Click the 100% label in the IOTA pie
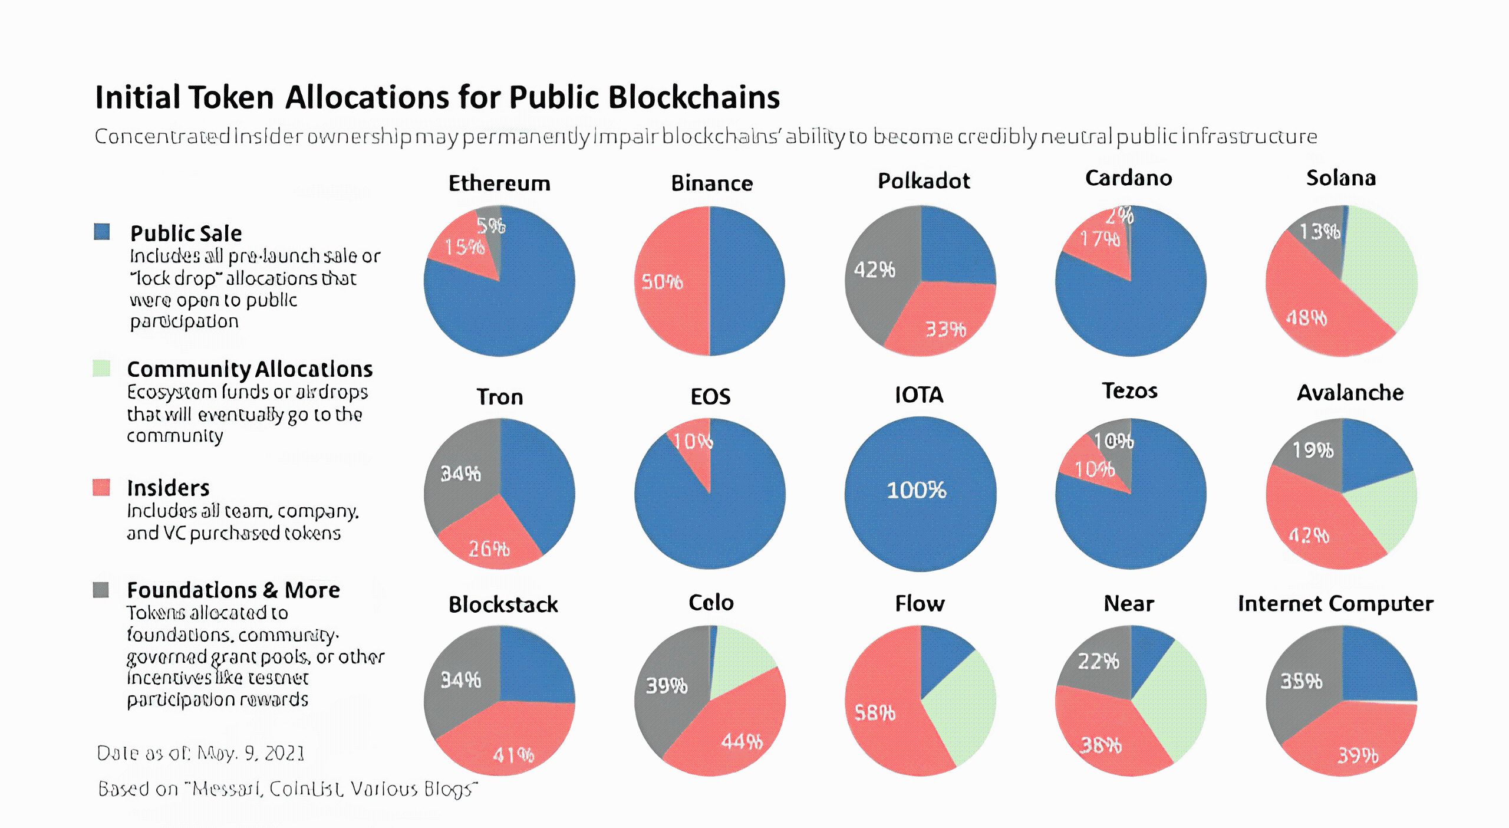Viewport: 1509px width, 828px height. [917, 491]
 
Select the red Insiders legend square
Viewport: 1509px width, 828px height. [101, 488]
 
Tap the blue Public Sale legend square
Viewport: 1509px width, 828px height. [102, 232]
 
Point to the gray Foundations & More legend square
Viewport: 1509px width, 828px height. [101, 590]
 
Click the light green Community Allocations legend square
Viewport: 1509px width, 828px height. [101, 369]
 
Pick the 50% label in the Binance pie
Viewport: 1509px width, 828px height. [662, 282]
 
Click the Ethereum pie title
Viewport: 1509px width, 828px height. [499, 183]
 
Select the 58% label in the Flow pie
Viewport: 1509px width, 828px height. [875, 714]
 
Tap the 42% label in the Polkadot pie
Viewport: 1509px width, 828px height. [875, 270]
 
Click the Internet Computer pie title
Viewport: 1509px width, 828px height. [1335, 604]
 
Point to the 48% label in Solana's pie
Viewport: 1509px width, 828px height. [1307, 318]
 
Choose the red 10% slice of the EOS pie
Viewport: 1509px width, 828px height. [696, 448]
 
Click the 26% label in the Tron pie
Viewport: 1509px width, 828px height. [489, 550]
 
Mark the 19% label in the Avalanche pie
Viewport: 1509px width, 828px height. [1313, 451]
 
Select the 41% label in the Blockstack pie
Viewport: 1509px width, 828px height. [513, 755]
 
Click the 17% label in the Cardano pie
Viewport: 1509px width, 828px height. [1100, 239]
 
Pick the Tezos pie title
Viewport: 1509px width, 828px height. [1129, 392]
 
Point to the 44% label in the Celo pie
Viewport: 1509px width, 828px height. [742, 741]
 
